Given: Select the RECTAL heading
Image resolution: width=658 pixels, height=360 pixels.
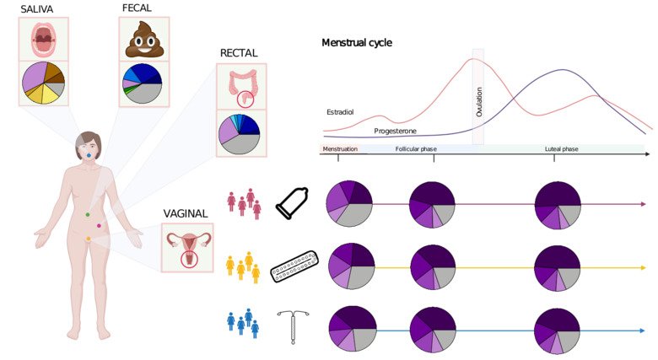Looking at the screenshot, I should [239, 53].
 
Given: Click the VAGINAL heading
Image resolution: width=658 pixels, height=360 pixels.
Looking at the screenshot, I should [186, 213].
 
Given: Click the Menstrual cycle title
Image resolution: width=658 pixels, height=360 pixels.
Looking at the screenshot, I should [357, 42].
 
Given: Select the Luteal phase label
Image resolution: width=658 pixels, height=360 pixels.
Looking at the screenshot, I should [561, 149].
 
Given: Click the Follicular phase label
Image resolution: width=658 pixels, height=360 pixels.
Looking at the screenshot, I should [415, 149].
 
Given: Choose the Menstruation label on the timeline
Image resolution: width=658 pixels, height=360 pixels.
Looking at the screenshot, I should [339, 149].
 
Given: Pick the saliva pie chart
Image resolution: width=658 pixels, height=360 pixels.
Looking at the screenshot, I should [43, 83].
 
